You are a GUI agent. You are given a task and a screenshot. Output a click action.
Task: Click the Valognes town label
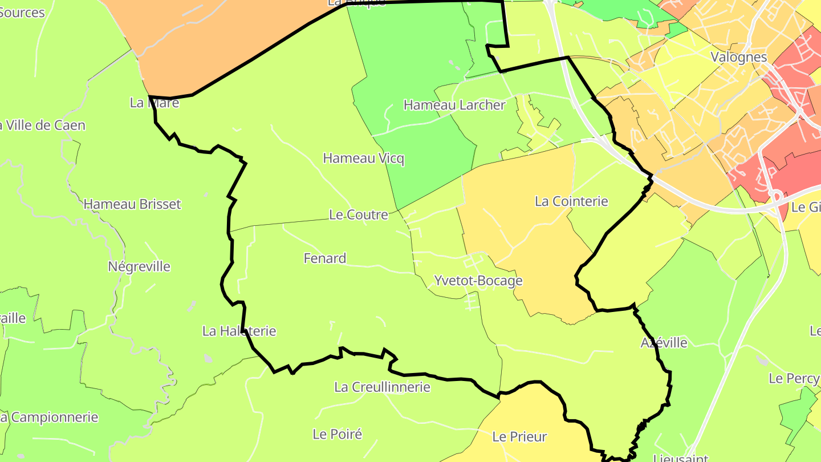pyautogui.click(x=739, y=57)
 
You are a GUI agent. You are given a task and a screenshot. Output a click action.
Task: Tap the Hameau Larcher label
pyautogui.click(x=454, y=105)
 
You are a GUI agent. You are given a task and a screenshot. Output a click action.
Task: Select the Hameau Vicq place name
pyautogui.click(x=364, y=158)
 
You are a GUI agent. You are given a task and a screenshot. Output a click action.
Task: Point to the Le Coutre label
pyautogui.click(x=359, y=214)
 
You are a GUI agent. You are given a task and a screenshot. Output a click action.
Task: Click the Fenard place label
pyautogui.click(x=325, y=258)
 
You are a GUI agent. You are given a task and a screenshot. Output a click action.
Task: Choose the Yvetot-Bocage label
pyautogui.click(x=478, y=281)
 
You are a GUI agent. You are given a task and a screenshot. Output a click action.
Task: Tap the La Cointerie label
pyautogui.click(x=571, y=201)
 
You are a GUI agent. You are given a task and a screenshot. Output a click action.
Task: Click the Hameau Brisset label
pyautogui.click(x=132, y=204)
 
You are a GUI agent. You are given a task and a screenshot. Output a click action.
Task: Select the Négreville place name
pyautogui.click(x=139, y=266)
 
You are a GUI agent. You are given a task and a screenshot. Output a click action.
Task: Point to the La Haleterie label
pyautogui.click(x=239, y=331)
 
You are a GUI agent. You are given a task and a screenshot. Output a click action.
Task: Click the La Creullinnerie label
pyautogui.click(x=382, y=387)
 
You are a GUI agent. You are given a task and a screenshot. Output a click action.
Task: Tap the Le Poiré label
pyautogui.click(x=338, y=434)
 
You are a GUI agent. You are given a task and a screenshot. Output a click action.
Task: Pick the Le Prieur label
pyautogui.click(x=519, y=437)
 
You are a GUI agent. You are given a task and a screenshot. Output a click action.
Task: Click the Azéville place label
pyautogui.click(x=664, y=343)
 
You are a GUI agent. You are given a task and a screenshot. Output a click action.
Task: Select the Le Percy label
pyautogui.click(x=794, y=378)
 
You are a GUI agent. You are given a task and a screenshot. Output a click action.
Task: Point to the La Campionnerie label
pyautogui.click(x=50, y=418)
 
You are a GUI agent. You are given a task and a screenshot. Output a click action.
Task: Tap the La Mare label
pyautogui.click(x=155, y=103)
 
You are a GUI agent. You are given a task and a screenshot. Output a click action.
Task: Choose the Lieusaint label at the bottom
pyautogui.click(x=680, y=457)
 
